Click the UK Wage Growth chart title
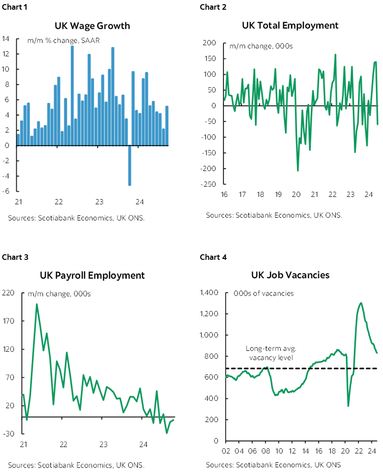pos(93,26)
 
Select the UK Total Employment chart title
pos(290,25)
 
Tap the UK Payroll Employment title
pos(93,276)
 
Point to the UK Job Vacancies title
pos(290,275)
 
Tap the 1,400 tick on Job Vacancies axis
pos(209,293)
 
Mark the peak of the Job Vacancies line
pos(361,303)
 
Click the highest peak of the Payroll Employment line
pos(37,304)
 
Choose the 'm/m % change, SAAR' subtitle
pos(64,41)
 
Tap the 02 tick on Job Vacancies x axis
pos(227,451)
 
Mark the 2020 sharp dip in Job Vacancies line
pos(348,406)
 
